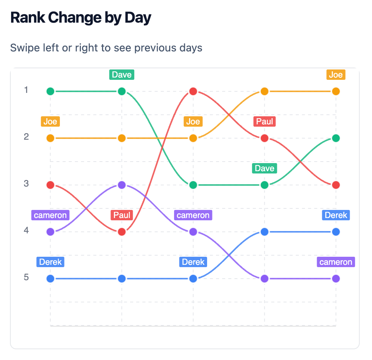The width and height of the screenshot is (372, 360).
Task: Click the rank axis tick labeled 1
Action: click(x=26, y=90)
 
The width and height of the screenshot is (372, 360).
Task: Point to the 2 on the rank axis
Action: click(x=26, y=137)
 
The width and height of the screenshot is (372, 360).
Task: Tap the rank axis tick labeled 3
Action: click(x=26, y=183)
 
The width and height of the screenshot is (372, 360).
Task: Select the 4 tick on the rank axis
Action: click(x=26, y=230)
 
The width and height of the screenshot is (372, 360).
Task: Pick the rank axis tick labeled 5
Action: click(x=26, y=277)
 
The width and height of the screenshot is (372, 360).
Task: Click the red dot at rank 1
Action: click(x=193, y=91)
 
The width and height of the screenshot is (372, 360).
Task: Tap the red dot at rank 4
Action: click(x=122, y=232)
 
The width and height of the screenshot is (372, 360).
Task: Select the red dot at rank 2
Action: click(x=264, y=138)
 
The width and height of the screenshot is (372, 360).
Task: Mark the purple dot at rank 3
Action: click(x=122, y=185)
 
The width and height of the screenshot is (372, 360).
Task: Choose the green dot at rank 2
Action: click(x=336, y=138)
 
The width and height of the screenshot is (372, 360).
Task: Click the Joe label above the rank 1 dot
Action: click(x=336, y=74)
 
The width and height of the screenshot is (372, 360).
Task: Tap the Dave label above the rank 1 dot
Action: click(x=122, y=74)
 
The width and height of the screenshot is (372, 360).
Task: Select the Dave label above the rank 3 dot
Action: click(x=264, y=168)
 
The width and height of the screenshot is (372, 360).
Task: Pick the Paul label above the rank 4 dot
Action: click(x=122, y=215)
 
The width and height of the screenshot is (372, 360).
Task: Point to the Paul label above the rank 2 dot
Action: click(x=264, y=121)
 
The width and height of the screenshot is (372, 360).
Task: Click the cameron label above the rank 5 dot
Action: click(x=336, y=262)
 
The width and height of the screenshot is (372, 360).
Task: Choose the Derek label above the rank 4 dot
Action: click(x=336, y=215)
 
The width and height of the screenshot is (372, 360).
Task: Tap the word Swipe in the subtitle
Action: click(x=23, y=48)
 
